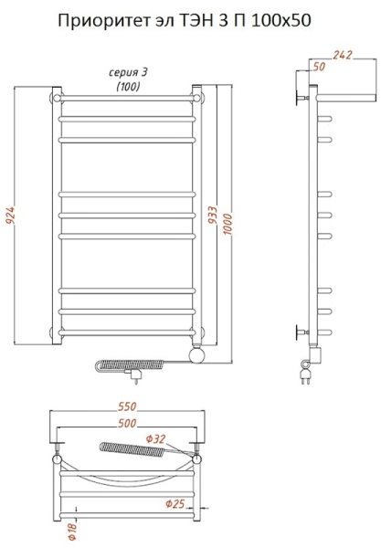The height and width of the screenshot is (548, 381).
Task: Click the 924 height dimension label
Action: (x=10, y=216)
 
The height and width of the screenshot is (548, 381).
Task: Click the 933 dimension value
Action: (x=213, y=216)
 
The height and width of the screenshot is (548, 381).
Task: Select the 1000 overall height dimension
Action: (x=228, y=224)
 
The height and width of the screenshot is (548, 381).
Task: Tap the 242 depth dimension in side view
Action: (x=342, y=55)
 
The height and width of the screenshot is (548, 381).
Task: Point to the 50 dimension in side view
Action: (x=319, y=67)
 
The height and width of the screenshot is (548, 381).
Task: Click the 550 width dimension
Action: (x=127, y=406)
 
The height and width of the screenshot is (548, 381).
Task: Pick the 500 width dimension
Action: (x=127, y=423)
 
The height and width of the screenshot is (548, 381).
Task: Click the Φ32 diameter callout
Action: (x=155, y=438)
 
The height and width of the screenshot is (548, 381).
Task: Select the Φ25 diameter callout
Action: (x=175, y=503)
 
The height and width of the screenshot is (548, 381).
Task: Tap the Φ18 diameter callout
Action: (x=72, y=532)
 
